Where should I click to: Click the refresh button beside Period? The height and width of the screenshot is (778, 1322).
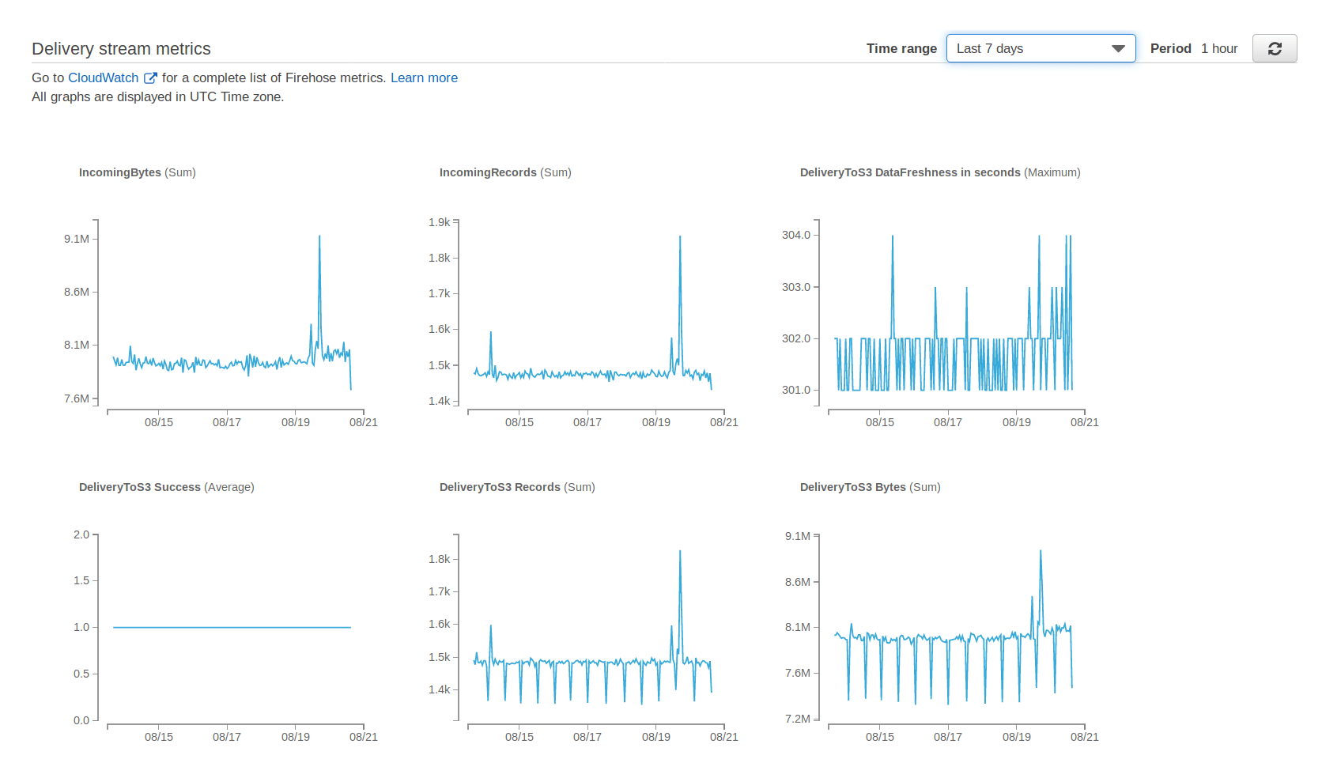[1274, 48]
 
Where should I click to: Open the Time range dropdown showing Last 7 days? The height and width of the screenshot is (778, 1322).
[1041, 48]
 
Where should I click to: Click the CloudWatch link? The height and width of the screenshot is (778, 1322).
[104, 77]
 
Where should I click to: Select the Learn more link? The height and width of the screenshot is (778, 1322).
[424, 77]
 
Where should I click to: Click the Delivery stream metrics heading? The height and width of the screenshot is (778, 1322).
[121, 49]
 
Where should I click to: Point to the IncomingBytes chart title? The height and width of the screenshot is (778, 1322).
[137, 172]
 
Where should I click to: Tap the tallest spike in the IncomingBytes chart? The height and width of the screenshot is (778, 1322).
[319, 237]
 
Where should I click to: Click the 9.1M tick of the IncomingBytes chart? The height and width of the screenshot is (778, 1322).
[77, 239]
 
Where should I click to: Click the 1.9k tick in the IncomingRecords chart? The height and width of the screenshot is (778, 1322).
[439, 222]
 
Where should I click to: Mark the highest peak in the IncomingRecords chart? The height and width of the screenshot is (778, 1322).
[680, 238]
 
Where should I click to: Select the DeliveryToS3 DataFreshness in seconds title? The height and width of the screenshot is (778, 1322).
[939, 172]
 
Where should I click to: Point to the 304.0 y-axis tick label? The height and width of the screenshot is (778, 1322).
[795, 235]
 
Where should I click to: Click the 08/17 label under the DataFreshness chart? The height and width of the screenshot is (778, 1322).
[947, 422]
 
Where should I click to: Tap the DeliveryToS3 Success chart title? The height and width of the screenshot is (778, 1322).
[166, 487]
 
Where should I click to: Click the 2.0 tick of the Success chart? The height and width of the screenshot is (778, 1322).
[81, 534]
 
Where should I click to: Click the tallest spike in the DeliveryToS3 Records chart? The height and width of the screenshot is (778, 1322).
[680, 553]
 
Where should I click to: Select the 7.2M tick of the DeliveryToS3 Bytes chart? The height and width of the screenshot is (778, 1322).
[797, 719]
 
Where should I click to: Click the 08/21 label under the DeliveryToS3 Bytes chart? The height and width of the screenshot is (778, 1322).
[1084, 737]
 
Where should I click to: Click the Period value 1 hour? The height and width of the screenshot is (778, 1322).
[1218, 48]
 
